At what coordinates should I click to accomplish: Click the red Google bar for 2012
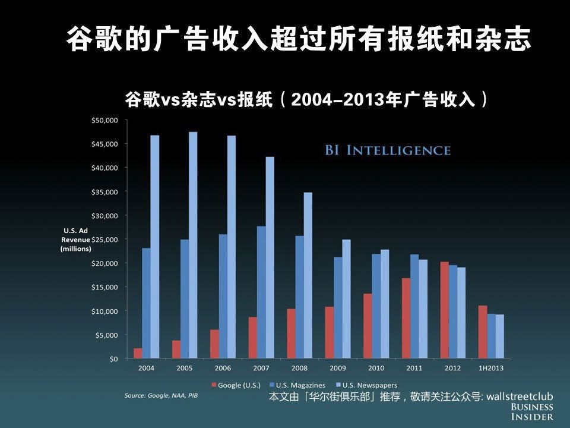pos(444,310)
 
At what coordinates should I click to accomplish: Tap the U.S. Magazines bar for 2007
pos(261,292)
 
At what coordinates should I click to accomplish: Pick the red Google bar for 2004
pos(138,353)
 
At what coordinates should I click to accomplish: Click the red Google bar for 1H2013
pos(483,332)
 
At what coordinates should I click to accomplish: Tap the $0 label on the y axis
pos(113,358)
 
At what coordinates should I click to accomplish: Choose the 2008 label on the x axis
pos(299,369)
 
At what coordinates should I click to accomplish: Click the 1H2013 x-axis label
pos(491,369)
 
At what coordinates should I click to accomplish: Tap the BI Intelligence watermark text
pos(387,150)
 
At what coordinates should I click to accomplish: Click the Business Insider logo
pos(531,411)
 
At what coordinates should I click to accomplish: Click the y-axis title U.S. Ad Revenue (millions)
pos(75,240)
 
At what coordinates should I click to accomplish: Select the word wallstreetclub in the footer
pos(519,396)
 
